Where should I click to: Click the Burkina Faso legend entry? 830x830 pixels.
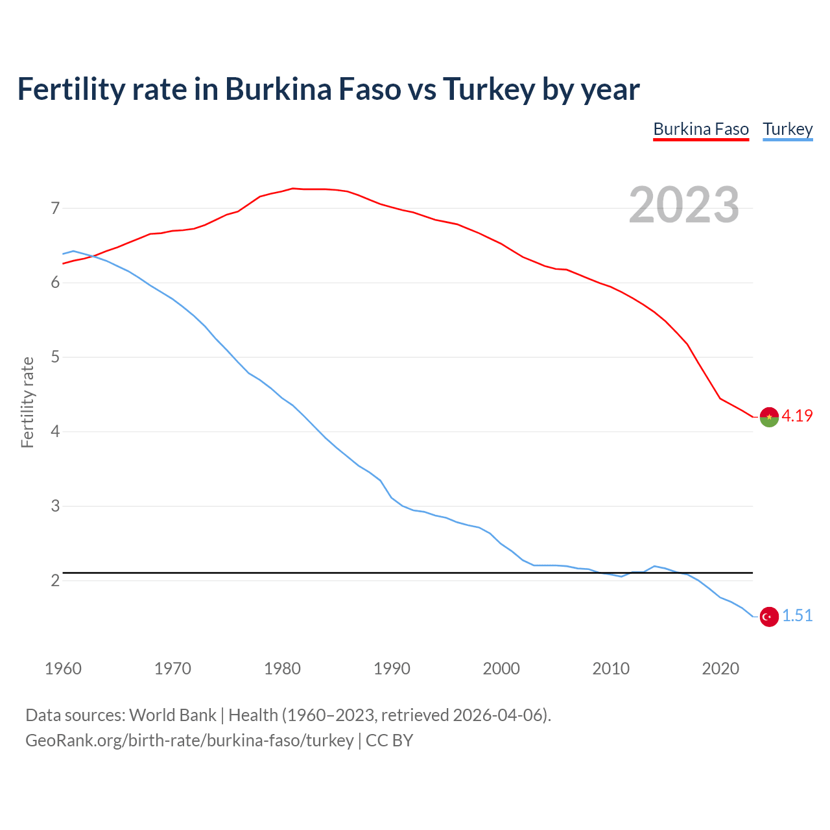tap(701, 129)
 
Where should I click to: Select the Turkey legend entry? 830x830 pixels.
tap(787, 129)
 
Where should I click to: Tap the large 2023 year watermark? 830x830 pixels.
tap(683, 205)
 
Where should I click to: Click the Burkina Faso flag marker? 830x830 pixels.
tap(769, 417)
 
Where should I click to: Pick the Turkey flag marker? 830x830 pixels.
tap(769, 617)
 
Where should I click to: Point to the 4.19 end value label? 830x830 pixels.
tap(797, 416)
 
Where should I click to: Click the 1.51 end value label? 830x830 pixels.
tap(797, 616)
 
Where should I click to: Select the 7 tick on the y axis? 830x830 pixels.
tap(55, 208)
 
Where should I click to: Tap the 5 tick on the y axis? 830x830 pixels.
tap(55, 357)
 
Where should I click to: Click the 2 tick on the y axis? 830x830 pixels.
tap(55, 580)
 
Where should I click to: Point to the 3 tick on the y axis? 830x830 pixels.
tap(55, 506)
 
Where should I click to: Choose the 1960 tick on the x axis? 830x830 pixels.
tap(63, 669)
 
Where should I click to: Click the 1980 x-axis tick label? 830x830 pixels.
tap(282, 669)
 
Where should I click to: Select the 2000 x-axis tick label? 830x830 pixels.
tap(501, 669)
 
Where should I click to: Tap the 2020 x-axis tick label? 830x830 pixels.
tap(720, 669)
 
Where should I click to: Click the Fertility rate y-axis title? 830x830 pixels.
tap(27, 402)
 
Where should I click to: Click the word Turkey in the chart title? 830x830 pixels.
tap(488, 89)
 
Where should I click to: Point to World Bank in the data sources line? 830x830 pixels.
tap(172, 715)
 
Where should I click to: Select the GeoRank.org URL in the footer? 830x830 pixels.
tap(189, 741)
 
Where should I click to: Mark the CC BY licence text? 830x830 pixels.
tap(389, 741)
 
